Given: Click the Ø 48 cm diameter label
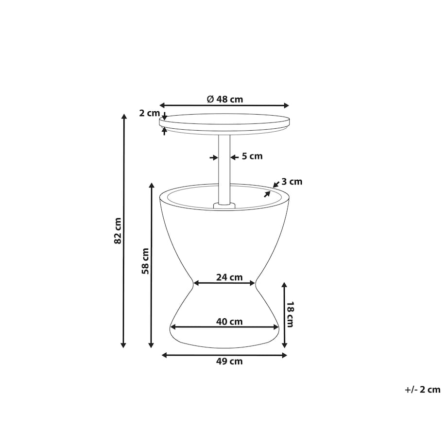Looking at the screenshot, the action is click(224, 99).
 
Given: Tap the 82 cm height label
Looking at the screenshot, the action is click(118, 231).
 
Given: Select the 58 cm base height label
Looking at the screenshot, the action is click(145, 261).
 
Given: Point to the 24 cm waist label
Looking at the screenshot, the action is click(229, 277).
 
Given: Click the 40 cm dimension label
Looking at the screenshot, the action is click(229, 322).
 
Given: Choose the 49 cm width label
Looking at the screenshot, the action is click(229, 361).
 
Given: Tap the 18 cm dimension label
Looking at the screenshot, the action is click(290, 314).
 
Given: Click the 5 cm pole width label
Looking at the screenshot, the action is click(252, 156).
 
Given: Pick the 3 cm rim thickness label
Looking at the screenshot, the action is click(292, 182).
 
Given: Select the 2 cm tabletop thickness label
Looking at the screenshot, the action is click(149, 113).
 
